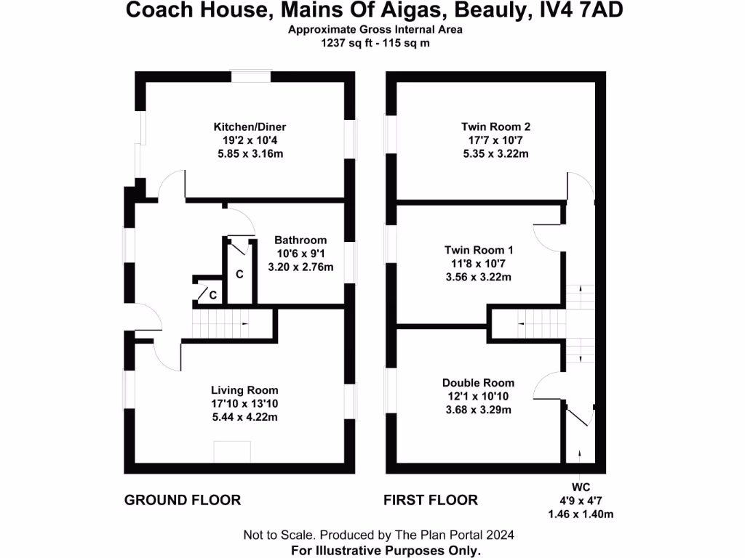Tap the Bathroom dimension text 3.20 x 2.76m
[300, 267]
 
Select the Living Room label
[244, 390]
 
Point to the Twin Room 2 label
[495, 126]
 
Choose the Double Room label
[478, 383]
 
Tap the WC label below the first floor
[579, 487]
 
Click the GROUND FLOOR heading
[183, 500]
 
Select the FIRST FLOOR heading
[431, 500]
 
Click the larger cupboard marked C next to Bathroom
[239, 275]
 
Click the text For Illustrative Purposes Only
[386, 550]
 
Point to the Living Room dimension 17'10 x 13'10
[244, 403]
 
